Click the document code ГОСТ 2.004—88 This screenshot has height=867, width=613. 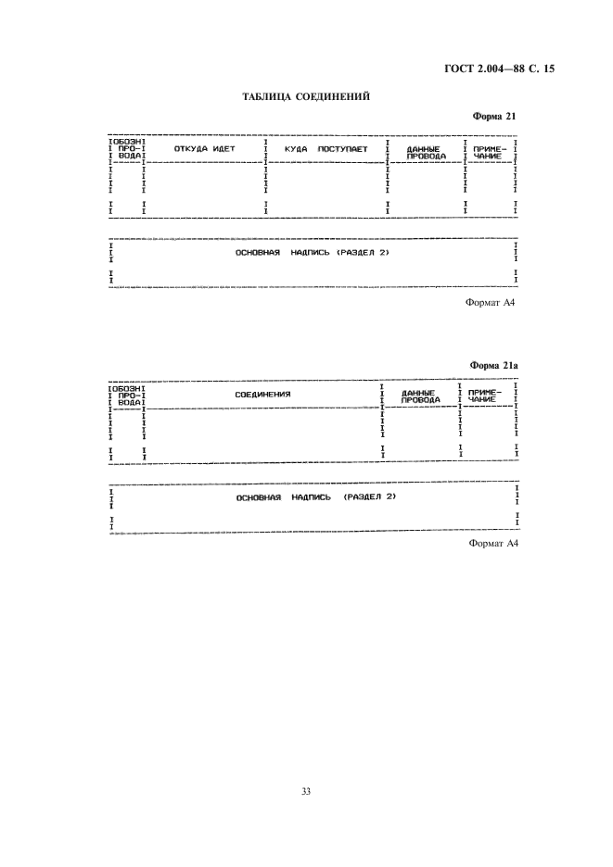pyautogui.click(x=484, y=69)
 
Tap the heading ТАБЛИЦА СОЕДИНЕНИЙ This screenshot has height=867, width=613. pyautogui.click(x=306, y=96)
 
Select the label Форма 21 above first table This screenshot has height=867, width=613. pyautogui.click(x=494, y=116)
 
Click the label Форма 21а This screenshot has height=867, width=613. pyautogui.click(x=494, y=365)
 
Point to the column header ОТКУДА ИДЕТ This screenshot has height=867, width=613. pyautogui.click(x=204, y=148)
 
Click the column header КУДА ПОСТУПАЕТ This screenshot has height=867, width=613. pyautogui.click(x=326, y=149)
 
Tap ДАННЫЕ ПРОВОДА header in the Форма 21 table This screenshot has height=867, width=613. pyautogui.click(x=426, y=153)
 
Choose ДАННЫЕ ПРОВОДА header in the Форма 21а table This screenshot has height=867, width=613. pyautogui.click(x=421, y=396)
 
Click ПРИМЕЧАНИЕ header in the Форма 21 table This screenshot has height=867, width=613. pyautogui.click(x=487, y=153)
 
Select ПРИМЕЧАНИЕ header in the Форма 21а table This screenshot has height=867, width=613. pyautogui.click(x=482, y=396)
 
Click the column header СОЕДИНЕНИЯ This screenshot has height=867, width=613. pyautogui.click(x=263, y=395)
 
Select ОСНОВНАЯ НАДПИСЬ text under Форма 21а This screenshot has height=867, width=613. pyautogui.click(x=284, y=497)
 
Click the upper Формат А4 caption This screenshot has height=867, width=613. pyautogui.click(x=490, y=303)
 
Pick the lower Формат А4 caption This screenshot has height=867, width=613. pyautogui.click(x=493, y=543)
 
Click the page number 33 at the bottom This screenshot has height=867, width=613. pyautogui.click(x=306, y=791)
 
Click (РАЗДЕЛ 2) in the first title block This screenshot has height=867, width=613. pyautogui.click(x=363, y=252)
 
